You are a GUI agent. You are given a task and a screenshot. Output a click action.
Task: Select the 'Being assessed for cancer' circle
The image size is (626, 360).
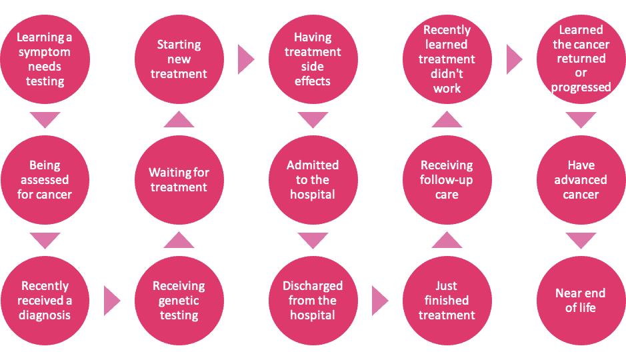click(45, 180)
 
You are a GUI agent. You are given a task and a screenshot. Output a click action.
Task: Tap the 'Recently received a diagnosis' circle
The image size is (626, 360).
click(45, 301)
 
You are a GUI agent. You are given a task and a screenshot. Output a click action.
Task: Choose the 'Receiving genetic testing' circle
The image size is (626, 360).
click(179, 301)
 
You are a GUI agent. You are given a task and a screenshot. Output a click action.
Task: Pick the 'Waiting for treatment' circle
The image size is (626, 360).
click(179, 180)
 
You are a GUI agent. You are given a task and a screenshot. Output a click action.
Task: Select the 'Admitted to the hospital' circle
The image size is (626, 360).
click(313, 180)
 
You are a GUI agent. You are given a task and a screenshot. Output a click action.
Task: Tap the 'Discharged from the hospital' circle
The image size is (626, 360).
click(313, 301)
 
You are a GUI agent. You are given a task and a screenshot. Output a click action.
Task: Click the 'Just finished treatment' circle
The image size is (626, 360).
click(447, 301)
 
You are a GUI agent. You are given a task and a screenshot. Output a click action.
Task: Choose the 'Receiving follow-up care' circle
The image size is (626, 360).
click(447, 180)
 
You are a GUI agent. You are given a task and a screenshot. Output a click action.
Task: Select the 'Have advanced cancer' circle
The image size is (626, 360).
click(581, 180)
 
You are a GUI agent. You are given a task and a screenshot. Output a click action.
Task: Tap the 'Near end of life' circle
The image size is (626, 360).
click(581, 301)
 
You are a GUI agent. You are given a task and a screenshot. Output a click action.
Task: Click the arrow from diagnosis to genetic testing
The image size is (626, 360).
click(112, 301)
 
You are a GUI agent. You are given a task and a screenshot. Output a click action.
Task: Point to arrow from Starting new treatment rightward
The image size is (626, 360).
click(246, 60)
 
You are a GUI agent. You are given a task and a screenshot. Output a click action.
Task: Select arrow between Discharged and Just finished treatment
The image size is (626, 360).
click(380, 301)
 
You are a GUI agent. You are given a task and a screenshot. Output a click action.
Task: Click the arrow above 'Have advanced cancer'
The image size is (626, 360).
click(581, 120)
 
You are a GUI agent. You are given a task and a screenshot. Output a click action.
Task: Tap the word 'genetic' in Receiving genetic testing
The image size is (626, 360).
click(179, 301)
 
